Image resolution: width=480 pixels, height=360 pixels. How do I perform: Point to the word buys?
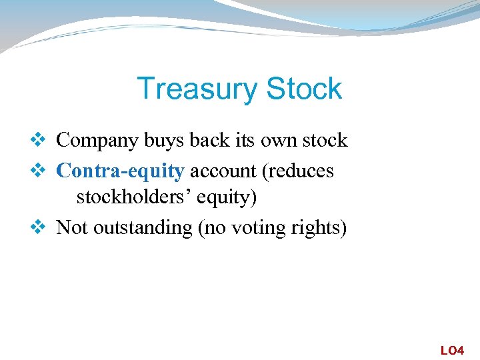pos(160,141)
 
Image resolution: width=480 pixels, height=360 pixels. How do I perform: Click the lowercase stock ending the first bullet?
pos(322,141)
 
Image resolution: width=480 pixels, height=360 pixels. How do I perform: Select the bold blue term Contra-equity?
pos(120,171)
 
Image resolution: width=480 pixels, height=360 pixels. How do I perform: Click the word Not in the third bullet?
pos(72,228)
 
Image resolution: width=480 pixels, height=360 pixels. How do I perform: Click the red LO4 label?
pos(452,350)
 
